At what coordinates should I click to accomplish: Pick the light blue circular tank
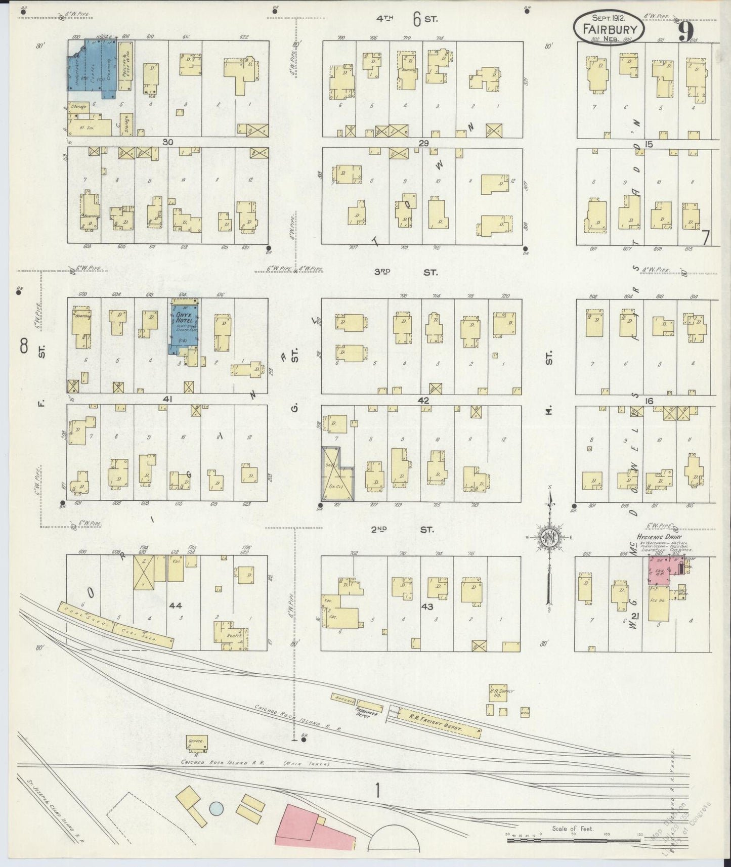tap(216, 808)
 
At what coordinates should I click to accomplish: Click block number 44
tap(176, 605)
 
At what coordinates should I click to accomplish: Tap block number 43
tap(428, 606)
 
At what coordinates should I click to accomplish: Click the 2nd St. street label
tap(403, 530)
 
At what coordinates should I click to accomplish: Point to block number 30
tap(168, 143)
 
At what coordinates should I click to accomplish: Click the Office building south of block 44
tap(196, 742)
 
